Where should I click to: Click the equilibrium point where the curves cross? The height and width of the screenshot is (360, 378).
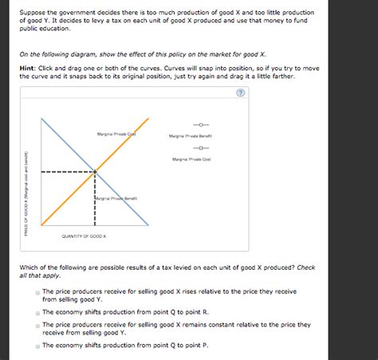(x=95, y=172)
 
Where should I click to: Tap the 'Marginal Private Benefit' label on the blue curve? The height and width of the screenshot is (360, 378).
(x=118, y=197)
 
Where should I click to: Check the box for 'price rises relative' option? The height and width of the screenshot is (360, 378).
(x=37, y=292)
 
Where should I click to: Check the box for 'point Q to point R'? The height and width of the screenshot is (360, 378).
(x=37, y=313)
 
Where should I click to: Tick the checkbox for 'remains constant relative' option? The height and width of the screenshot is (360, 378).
(x=37, y=325)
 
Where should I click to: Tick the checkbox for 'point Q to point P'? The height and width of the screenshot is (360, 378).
(x=37, y=346)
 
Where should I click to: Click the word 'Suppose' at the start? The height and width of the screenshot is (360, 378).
(x=36, y=13)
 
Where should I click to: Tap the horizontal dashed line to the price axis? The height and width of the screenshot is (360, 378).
(x=68, y=172)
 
